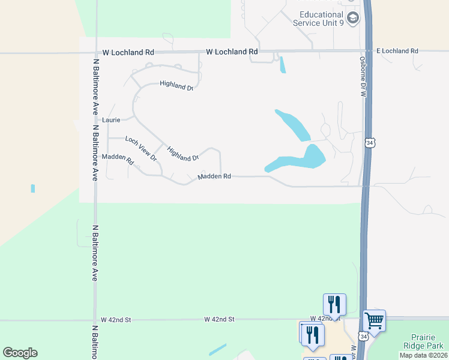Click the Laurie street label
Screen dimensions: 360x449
pos(112,120)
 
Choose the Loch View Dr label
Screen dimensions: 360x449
pos(140,149)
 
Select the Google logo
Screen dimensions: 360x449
pos(20,353)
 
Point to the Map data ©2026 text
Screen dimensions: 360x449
pos(424,355)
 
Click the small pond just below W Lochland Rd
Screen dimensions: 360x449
pos(282,64)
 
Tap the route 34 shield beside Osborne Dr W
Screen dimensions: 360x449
pos(370,143)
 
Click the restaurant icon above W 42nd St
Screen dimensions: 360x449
pos(334,304)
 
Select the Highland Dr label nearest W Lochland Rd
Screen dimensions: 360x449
pos(176,86)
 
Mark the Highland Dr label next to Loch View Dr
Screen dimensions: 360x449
pos(183,154)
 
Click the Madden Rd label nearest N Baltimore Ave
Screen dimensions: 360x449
pos(117,159)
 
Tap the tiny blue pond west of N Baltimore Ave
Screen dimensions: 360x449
pos(32,188)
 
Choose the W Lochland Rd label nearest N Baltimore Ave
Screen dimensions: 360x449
pos(128,52)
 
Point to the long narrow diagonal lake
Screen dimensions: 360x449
pos(292,125)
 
